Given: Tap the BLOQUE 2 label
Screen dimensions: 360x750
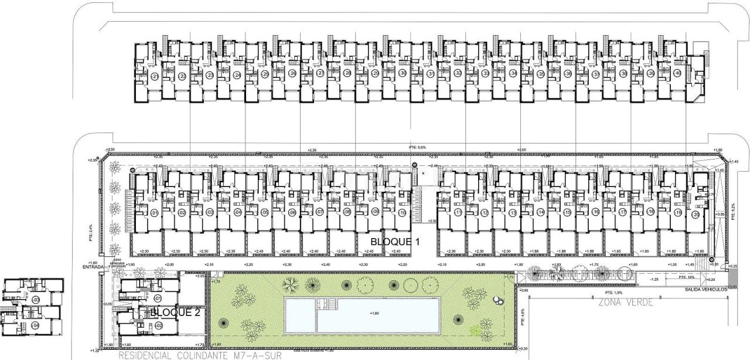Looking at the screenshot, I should (x=175, y=313).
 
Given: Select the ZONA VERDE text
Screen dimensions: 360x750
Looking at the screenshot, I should (x=625, y=303).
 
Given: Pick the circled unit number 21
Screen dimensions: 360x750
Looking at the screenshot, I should (x=155, y=76).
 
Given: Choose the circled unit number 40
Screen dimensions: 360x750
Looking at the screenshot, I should (x=677, y=73).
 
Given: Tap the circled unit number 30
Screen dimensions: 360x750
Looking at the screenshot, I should (x=403, y=73).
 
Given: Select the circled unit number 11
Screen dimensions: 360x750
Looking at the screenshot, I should (x=458, y=212).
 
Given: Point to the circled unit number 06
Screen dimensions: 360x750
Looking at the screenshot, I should (x=292, y=212).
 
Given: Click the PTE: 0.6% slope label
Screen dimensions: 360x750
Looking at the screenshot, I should (x=417, y=147).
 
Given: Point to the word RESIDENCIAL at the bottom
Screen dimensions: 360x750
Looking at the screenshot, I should (x=145, y=355).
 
